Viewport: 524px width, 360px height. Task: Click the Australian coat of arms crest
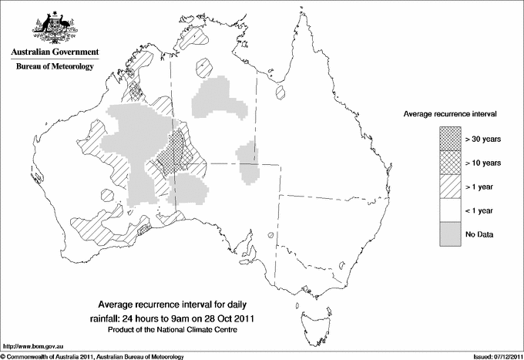coord(53,27)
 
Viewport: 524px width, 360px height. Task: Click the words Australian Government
coord(54,52)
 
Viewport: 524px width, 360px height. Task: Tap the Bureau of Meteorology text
coord(54,67)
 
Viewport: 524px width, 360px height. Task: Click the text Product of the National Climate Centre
coord(178,330)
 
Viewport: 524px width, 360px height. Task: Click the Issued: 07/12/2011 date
coord(493,356)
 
